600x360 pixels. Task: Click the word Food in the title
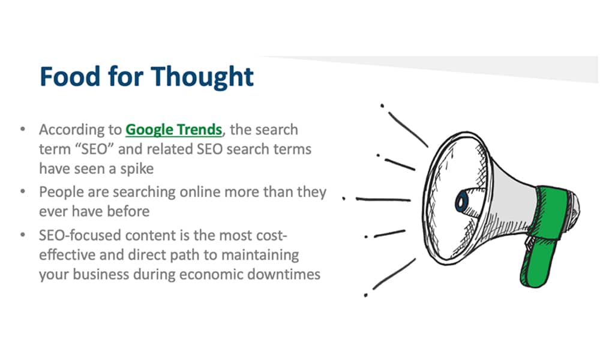[70, 76]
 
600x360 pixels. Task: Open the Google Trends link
[174, 130]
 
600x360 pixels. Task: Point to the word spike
[137, 169]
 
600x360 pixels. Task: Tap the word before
[128, 211]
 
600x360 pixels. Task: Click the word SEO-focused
[80, 235]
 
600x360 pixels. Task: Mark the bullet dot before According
[23, 129]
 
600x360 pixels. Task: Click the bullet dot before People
[23, 191]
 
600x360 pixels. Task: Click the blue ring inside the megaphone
[461, 202]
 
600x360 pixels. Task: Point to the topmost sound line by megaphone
[407, 130]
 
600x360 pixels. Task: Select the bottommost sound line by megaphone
[394, 274]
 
